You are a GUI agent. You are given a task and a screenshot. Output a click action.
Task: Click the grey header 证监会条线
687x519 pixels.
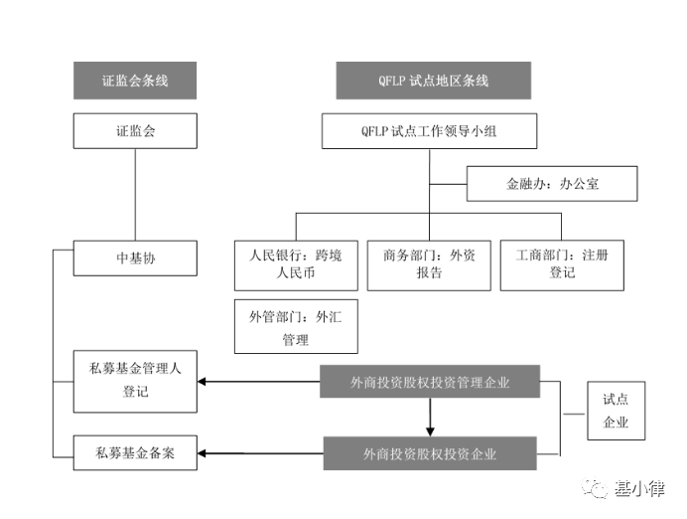coord(134,81)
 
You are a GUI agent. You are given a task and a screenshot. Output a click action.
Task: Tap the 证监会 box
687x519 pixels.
coord(134,130)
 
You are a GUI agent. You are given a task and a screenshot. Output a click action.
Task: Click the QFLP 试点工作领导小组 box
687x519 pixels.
coord(429,130)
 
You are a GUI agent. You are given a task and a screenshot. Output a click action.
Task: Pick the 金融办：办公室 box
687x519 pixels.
coord(552,184)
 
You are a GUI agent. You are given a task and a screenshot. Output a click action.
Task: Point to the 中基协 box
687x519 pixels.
coord(134,259)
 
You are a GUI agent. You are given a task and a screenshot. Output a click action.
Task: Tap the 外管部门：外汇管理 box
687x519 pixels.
coord(295,326)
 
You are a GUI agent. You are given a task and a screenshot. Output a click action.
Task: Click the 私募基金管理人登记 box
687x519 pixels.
coord(134,381)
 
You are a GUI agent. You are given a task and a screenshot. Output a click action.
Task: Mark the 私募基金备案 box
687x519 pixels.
coord(134,453)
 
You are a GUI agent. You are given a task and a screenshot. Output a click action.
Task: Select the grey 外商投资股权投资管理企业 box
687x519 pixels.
coord(429,382)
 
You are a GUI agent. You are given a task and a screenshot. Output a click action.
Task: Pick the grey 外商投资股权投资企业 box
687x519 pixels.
coord(429,453)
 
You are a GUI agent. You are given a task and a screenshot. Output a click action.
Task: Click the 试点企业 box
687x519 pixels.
coord(616,411)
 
